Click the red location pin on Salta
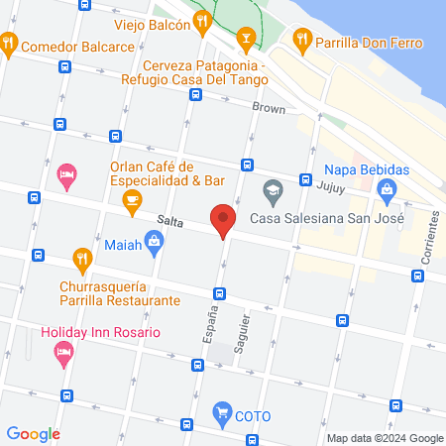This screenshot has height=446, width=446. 223,220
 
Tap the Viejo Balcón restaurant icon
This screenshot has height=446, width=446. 203,20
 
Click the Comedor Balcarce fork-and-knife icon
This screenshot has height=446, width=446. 9,43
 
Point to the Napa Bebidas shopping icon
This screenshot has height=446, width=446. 387,187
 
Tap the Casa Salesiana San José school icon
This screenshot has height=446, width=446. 271,188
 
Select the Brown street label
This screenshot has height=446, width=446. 268,106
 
